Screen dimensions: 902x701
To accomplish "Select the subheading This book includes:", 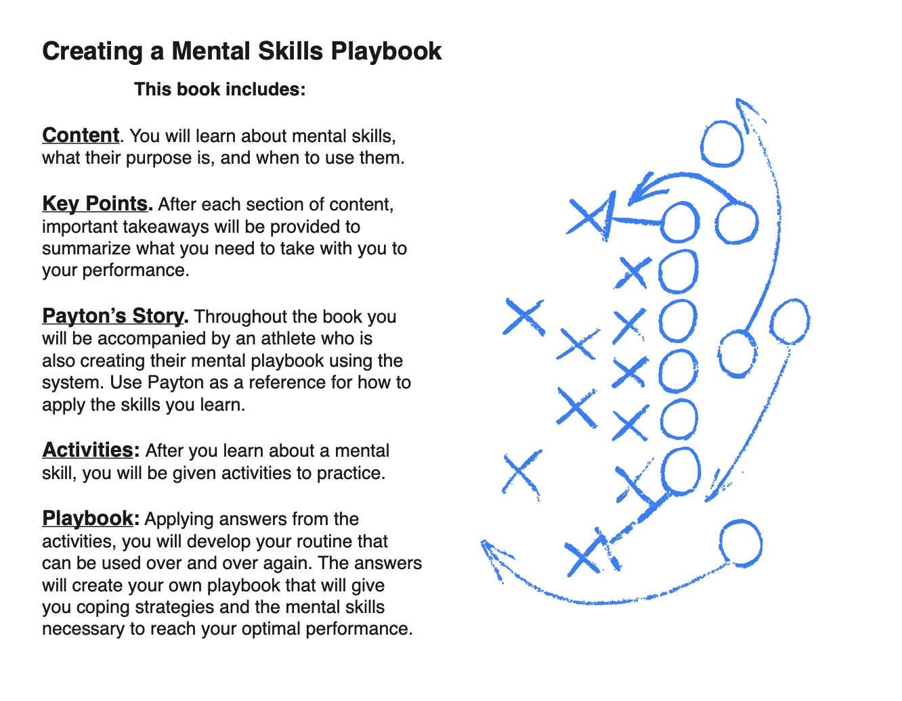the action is click(x=220, y=89).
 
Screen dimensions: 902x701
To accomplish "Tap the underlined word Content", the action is click(x=81, y=135).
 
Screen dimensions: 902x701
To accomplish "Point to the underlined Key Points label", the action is click(x=95, y=204).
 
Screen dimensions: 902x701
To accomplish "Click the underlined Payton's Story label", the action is click(x=113, y=316).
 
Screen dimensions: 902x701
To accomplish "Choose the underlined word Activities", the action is click(x=87, y=450).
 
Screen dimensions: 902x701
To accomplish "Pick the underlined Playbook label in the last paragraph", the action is click(x=87, y=518).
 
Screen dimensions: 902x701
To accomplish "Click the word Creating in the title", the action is click(x=93, y=51).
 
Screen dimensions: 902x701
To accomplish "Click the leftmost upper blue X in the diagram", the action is click(x=524, y=317).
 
